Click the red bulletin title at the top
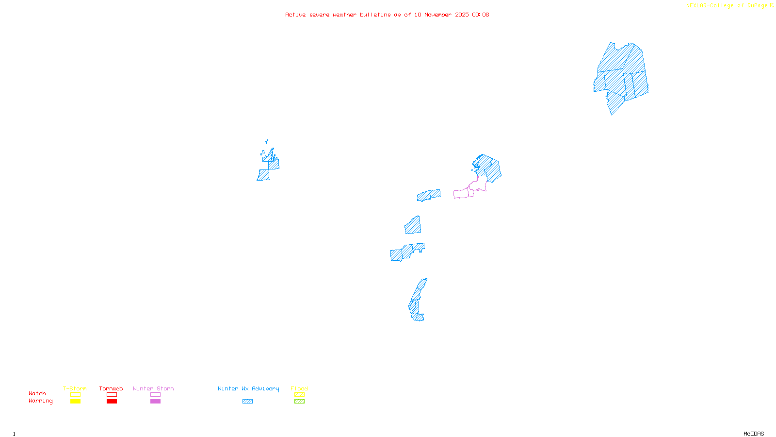pyautogui.click(x=387, y=15)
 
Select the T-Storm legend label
pyautogui.click(x=75, y=388)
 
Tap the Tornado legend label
pyautogui.click(x=111, y=388)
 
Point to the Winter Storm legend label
pyautogui.click(x=153, y=388)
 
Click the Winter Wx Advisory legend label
pyautogui.click(x=248, y=388)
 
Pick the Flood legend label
pyautogui.click(x=299, y=388)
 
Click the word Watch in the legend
pyautogui.click(x=37, y=393)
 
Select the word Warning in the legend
pyautogui.click(x=41, y=401)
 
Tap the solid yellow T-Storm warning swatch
pyautogui.click(x=75, y=402)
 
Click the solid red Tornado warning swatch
pyautogui.click(x=112, y=402)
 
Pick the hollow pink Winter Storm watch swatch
pyautogui.click(x=155, y=395)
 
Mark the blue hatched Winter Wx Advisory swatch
pyautogui.click(x=247, y=402)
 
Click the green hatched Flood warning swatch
pyautogui.click(x=299, y=402)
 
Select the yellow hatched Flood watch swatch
pyautogui.click(x=299, y=395)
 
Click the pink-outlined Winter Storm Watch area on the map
pyautogui.click(x=463, y=194)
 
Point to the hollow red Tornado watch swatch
pyautogui.click(x=112, y=395)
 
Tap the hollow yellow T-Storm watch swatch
pyautogui.click(x=75, y=395)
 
